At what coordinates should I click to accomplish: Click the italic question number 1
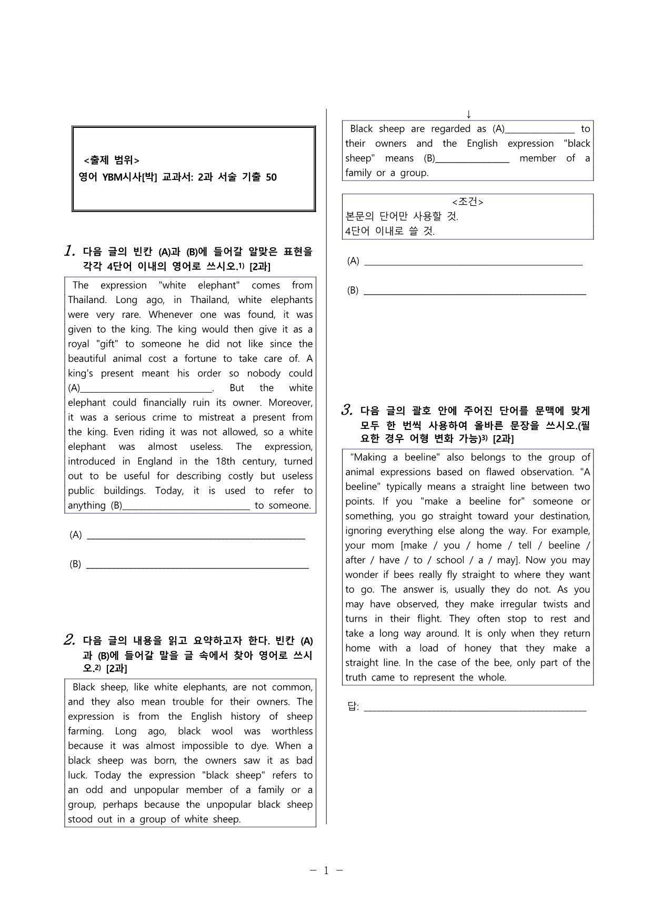[x=69, y=252]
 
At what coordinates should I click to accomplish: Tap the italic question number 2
[x=69, y=640]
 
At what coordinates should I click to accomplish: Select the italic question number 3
[x=347, y=410]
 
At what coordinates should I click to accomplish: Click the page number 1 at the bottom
[x=326, y=870]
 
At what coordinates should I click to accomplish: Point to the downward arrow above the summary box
[x=468, y=114]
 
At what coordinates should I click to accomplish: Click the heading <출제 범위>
[x=112, y=161]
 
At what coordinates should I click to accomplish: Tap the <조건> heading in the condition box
[x=467, y=202]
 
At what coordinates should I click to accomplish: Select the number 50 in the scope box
[x=271, y=177]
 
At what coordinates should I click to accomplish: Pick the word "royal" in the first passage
[x=79, y=344]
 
